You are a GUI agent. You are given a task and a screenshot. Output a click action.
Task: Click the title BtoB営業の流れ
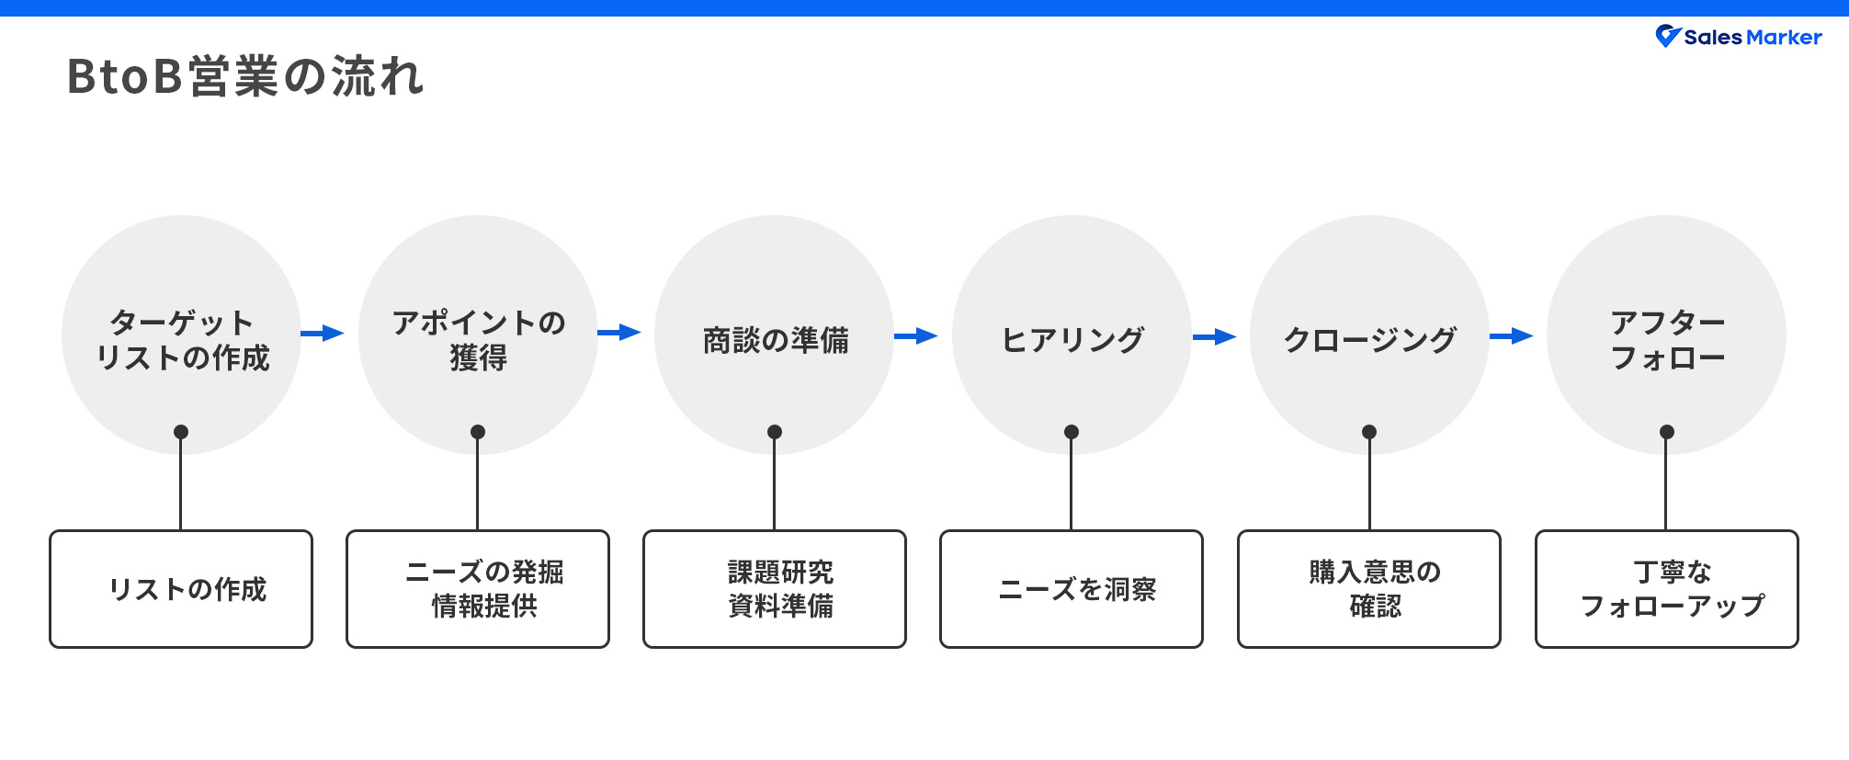point(246,76)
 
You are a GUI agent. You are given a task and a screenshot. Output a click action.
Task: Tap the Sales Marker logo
point(1739,37)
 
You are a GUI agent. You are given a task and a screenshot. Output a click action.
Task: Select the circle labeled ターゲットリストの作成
point(181,335)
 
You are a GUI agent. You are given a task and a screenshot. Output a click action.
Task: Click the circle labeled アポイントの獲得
point(478,335)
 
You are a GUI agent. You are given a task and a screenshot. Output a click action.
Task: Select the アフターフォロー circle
point(1666,335)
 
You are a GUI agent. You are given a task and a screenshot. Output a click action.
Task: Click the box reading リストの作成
point(181,589)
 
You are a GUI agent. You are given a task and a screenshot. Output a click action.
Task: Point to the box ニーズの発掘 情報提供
point(478,589)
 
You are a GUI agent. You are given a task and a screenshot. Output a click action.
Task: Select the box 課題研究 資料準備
point(775,589)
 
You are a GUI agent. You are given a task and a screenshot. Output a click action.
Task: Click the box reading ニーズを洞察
point(1072,589)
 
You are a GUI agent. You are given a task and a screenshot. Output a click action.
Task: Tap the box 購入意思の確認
point(1369,589)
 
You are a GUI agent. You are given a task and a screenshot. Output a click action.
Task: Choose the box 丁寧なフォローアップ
point(1666,589)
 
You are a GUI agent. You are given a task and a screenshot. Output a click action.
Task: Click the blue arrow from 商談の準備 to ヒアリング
point(916,336)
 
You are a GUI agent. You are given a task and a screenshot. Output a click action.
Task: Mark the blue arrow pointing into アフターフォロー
point(1512,336)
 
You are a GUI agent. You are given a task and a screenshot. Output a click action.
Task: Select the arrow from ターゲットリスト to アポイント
point(323,333)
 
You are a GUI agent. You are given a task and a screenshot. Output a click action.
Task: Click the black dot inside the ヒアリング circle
point(1072,432)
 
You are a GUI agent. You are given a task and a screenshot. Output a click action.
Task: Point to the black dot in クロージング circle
point(1369,432)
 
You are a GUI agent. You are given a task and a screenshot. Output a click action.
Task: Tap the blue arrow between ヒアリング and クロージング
point(1215,336)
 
